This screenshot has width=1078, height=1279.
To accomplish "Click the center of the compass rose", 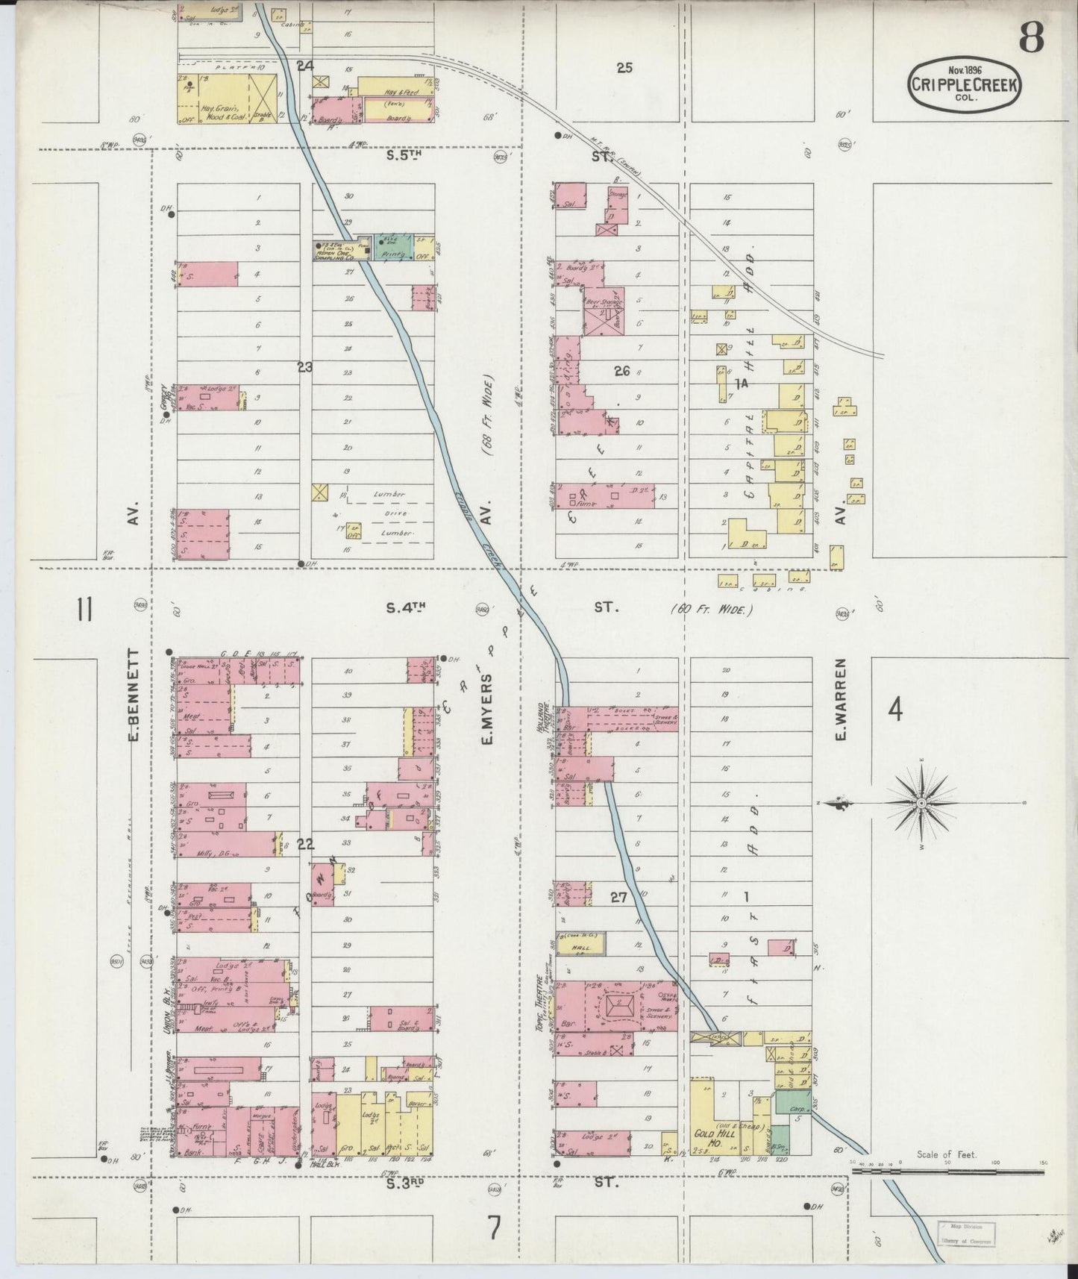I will pyautogui.click(x=921, y=803).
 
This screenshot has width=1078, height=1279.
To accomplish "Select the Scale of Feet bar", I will pyautogui.click(x=947, y=1172).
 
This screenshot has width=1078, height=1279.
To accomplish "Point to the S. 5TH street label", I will pyautogui.click(x=404, y=157).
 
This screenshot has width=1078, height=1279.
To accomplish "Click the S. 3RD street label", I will pyautogui.click(x=405, y=1183).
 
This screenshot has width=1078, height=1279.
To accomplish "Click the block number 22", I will pyautogui.click(x=305, y=845).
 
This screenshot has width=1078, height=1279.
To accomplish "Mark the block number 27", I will pyautogui.click(x=618, y=898).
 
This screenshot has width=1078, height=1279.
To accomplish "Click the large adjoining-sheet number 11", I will pyautogui.click(x=83, y=610).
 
